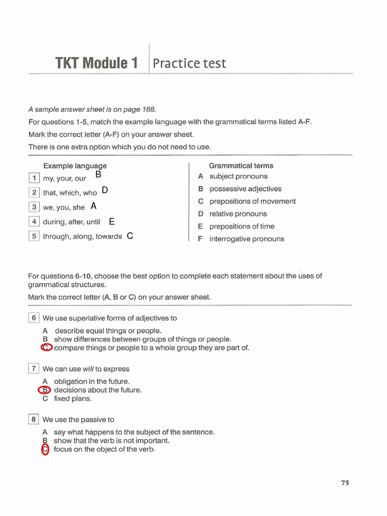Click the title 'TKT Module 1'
[96, 63]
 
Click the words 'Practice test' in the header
[189, 63]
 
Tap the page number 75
[345, 483]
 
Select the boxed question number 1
[34, 178]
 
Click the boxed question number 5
[34, 236]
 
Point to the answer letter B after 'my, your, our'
[98, 175]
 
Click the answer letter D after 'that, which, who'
[104, 190]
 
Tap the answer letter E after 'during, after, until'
[111, 221]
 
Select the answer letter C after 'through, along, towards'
[130, 235]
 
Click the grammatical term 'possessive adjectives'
[245, 189]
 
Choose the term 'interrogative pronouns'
[246, 239]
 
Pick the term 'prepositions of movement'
[252, 201]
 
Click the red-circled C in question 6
[46, 348]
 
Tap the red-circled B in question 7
[45, 390]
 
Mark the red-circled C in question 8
[45, 449]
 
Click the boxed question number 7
[34, 368]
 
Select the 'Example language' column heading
[75, 166]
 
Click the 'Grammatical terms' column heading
[241, 166]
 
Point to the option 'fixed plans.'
[73, 399]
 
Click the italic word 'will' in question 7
[88, 369]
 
